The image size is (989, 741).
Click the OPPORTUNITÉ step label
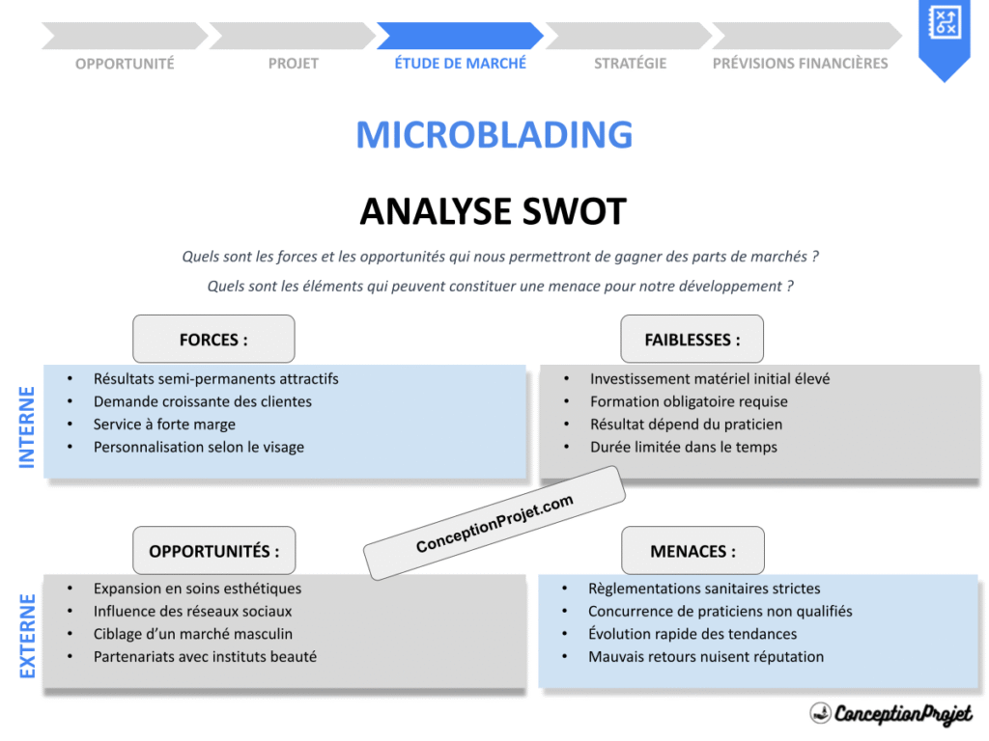(x=125, y=64)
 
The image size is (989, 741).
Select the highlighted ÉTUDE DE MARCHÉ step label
(x=461, y=63)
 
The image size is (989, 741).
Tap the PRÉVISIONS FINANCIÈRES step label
(x=800, y=64)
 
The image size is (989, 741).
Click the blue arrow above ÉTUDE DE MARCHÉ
(x=460, y=36)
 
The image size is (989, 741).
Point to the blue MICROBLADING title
(x=494, y=135)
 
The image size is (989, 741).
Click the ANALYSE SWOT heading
(x=494, y=211)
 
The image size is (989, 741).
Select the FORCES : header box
(x=213, y=340)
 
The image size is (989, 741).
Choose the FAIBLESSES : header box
(x=692, y=340)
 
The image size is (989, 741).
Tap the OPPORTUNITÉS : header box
(x=214, y=551)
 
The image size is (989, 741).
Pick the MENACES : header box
(x=692, y=551)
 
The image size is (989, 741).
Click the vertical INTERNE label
(x=27, y=426)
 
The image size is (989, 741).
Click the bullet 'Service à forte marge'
(x=164, y=425)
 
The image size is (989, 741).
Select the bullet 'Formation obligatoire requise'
(x=689, y=401)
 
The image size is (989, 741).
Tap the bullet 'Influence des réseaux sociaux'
(x=192, y=611)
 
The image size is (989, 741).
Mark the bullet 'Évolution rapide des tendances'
(x=692, y=634)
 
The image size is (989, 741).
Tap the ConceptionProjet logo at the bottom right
(x=890, y=714)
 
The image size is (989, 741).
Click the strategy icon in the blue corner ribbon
(x=943, y=22)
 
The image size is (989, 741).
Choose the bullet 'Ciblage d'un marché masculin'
(x=192, y=634)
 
